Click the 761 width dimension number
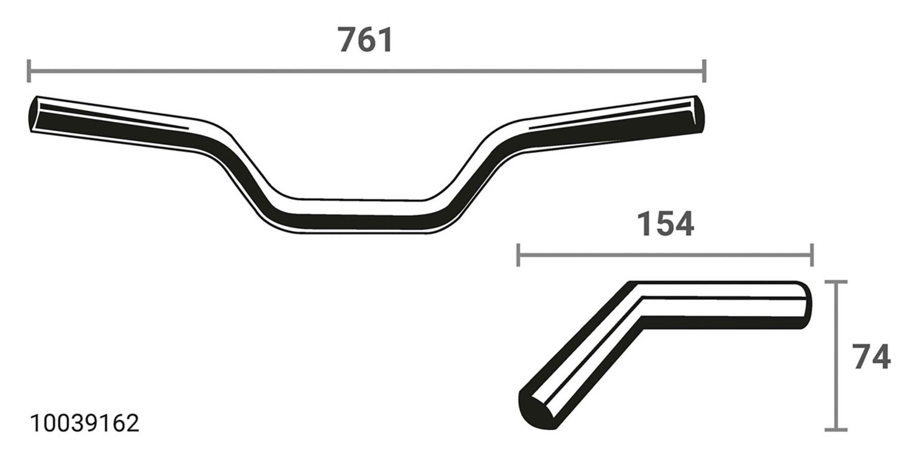(365, 40)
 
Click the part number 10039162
(85, 423)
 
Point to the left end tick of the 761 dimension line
(29, 71)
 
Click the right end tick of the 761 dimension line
(704, 71)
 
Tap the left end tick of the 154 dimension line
(518, 255)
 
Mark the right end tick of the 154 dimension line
(812, 255)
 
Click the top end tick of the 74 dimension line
(835, 282)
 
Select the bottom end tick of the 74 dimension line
(835, 430)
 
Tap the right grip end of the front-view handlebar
(698, 115)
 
